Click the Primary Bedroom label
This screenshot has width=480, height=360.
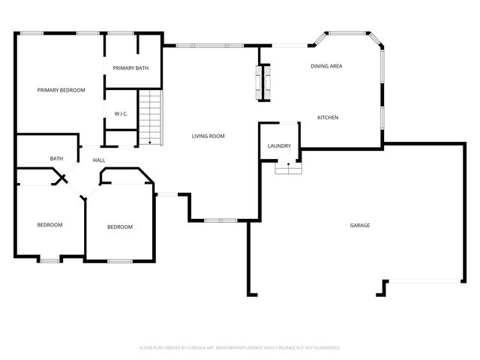tap(61, 90)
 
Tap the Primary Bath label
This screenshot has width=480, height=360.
tap(130, 68)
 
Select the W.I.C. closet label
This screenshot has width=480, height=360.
tap(121, 114)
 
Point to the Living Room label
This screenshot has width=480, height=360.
tap(208, 136)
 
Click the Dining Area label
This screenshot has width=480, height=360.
tap(326, 67)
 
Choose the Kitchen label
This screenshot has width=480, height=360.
tap(328, 118)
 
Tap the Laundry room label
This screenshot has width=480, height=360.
tap(279, 145)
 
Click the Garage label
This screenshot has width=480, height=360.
tap(359, 225)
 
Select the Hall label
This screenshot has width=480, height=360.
tap(99, 160)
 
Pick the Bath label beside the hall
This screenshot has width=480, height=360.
tap(56, 158)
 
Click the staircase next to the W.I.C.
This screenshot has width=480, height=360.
tap(151, 116)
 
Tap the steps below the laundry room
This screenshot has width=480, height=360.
tap(286, 169)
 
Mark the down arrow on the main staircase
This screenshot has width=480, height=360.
tap(151, 140)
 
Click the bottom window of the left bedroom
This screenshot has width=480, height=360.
tap(49, 260)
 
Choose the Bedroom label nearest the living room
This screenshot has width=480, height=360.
tap(119, 227)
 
